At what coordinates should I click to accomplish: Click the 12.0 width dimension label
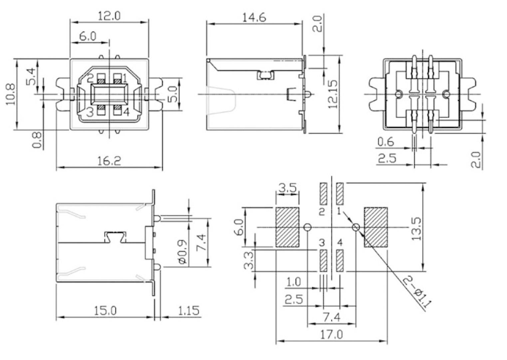109,15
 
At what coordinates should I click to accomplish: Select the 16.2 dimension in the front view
109,161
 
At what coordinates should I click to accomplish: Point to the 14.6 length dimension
254,17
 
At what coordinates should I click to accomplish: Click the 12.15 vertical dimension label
333,94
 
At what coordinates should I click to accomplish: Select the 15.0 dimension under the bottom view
105,311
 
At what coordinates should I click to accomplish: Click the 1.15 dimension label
188,311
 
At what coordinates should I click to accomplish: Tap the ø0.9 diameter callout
182,252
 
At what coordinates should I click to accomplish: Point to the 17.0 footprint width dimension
331,334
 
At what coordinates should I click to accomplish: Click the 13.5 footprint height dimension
416,229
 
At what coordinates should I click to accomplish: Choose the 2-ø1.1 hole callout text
417,292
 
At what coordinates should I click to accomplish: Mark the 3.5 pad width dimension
287,188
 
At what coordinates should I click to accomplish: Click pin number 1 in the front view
125,79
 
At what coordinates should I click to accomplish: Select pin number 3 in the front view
90,112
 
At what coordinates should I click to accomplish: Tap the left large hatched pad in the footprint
287,227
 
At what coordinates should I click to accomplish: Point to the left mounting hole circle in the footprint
308,227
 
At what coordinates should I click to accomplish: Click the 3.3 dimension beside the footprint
249,261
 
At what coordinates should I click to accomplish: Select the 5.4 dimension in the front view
31,76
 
